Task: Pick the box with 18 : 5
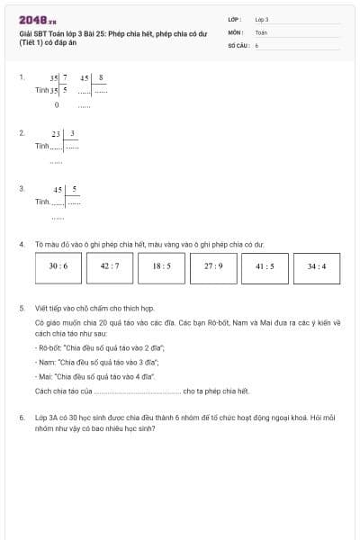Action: click(x=162, y=266)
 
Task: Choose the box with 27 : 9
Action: click(x=213, y=266)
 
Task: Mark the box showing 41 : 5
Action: click(x=265, y=266)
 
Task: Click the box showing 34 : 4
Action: click(x=317, y=266)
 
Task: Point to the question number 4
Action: click(x=21, y=243)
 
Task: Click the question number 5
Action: click(x=21, y=308)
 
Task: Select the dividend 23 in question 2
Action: click(x=56, y=133)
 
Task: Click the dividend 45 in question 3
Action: click(x=58, y=189)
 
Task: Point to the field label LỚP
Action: click(x=235, y=18)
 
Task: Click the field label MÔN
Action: click(x=235, y=31)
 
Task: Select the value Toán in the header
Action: click(x=261, y=31)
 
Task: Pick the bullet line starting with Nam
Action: click(x=97, y=361)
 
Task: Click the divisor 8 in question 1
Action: click(x=101, y=78)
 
